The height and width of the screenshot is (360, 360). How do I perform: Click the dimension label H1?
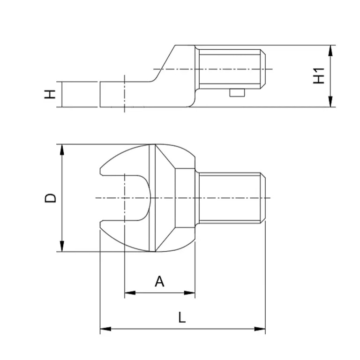(x=319, y=76)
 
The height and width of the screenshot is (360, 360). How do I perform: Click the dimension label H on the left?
(x=50, y=94)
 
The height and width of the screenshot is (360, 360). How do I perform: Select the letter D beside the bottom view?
(x=50, y=198)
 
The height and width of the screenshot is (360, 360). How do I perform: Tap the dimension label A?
(x=159, y=281)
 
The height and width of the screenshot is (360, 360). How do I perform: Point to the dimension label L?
(x=182, y=317)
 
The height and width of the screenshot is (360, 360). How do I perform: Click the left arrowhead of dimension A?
(x=130, y=292)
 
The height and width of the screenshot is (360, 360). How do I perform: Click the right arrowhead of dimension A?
(x=190, y=292)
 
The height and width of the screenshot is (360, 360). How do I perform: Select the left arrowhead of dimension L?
(x=105, y=329)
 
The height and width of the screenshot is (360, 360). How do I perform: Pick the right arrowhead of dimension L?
(x=260, y=329)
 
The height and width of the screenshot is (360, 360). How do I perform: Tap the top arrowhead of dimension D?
(x=62, y=150)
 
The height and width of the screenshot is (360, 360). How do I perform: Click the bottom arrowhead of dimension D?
(x=62, y=246)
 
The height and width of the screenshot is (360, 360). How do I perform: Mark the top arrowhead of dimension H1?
(x=330, y=51)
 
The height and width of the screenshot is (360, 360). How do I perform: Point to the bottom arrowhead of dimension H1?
(x=330, y=101)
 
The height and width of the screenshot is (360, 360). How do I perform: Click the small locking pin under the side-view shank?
(x=237, y=92)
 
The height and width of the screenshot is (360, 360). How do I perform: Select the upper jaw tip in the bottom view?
(x=101, y=171)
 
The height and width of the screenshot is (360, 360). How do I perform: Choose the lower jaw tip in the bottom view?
(x=101, y=225)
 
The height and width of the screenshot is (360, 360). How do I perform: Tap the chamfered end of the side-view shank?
(x=263, y=69)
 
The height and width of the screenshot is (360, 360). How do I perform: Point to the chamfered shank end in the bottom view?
(x=263, y=198)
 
